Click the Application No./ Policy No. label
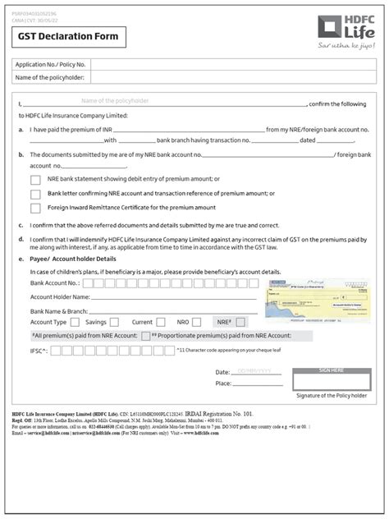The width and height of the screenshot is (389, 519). pos(51,64)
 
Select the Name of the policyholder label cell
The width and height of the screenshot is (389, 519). pos(51,77)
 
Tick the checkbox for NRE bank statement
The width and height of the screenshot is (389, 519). pos(35,179)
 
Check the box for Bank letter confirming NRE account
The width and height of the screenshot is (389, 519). pos(35,195)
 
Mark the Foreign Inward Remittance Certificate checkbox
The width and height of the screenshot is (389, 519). pos(35,209)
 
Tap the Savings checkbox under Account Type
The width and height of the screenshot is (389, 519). pos(113,323)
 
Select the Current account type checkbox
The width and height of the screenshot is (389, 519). pos(159,323)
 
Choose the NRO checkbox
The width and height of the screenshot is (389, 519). pos(196,323)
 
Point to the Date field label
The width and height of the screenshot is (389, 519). pos(222,372)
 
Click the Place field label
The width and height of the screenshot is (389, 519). pos(222,384)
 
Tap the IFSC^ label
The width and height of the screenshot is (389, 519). pos(39,351)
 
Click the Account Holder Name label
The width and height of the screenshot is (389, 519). pos(60,296)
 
